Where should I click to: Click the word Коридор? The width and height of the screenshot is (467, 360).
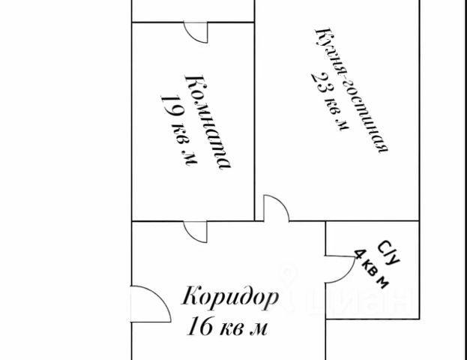coord(231,296)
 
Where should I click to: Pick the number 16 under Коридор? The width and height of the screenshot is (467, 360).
coord(203,327)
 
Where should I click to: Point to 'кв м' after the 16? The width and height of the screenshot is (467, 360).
coord(247,328)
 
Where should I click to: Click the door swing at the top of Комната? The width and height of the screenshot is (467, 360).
coord(196,32)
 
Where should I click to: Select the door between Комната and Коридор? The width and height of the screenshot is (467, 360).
coord(196,231)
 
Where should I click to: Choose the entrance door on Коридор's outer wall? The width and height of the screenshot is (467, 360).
coord(145,303)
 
